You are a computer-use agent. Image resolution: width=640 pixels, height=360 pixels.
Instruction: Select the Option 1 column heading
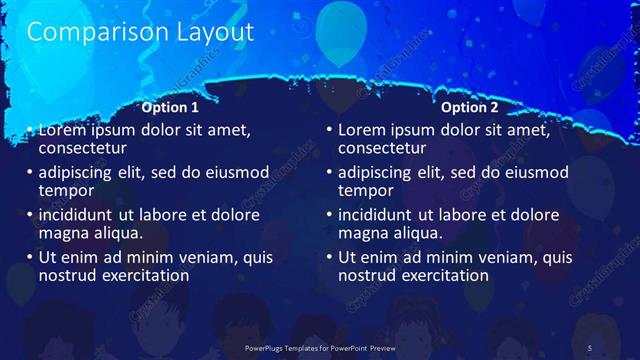[x=170, y=107]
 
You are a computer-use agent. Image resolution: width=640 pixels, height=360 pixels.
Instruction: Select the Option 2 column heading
[x=469, y=107]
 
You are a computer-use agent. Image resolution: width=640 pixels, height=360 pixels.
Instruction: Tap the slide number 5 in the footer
[x=590, y=346]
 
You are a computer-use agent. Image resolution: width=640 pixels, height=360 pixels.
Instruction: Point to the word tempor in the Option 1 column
[x=67, y=190]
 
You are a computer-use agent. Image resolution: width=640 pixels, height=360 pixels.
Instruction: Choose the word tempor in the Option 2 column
[x=367, y=190]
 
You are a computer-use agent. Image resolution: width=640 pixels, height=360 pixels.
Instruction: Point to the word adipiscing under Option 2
[x=380, y=172]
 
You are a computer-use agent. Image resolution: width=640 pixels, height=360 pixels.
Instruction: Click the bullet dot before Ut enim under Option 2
[x=329, y=257]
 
